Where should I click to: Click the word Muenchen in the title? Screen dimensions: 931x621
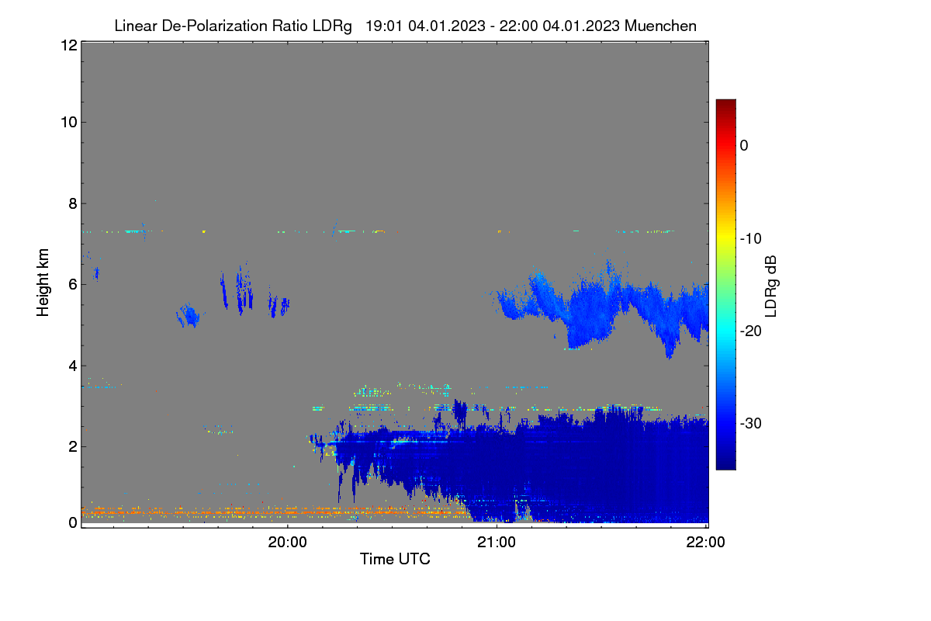[660, 26]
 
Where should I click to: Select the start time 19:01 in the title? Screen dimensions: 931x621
[383, 26]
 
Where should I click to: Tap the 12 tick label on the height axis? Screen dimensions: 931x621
[69, 45]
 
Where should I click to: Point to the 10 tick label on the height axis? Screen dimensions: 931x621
[69, 122]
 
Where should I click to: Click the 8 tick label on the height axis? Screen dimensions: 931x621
[73, 203]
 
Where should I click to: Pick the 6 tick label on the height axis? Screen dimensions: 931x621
[73, 285]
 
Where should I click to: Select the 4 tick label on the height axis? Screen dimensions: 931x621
[73, 366]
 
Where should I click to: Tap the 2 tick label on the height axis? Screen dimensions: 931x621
[73, 446]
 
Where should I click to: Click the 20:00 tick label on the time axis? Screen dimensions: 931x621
[287, 542]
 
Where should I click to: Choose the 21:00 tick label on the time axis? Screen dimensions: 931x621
[497, 542]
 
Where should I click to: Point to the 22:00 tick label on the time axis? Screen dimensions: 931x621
[705, 542]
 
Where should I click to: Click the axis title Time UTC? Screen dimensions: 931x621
[395, 559]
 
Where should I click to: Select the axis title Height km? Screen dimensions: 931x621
[43, 283]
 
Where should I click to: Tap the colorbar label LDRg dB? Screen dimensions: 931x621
[771, 286]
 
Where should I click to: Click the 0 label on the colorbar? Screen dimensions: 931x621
[744, 146]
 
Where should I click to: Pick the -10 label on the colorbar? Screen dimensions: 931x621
[751, 239]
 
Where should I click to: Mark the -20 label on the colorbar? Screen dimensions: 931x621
[751, 331]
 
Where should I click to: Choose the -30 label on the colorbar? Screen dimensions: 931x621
[751, 423]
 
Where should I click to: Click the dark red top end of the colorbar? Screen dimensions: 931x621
[725, 101]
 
